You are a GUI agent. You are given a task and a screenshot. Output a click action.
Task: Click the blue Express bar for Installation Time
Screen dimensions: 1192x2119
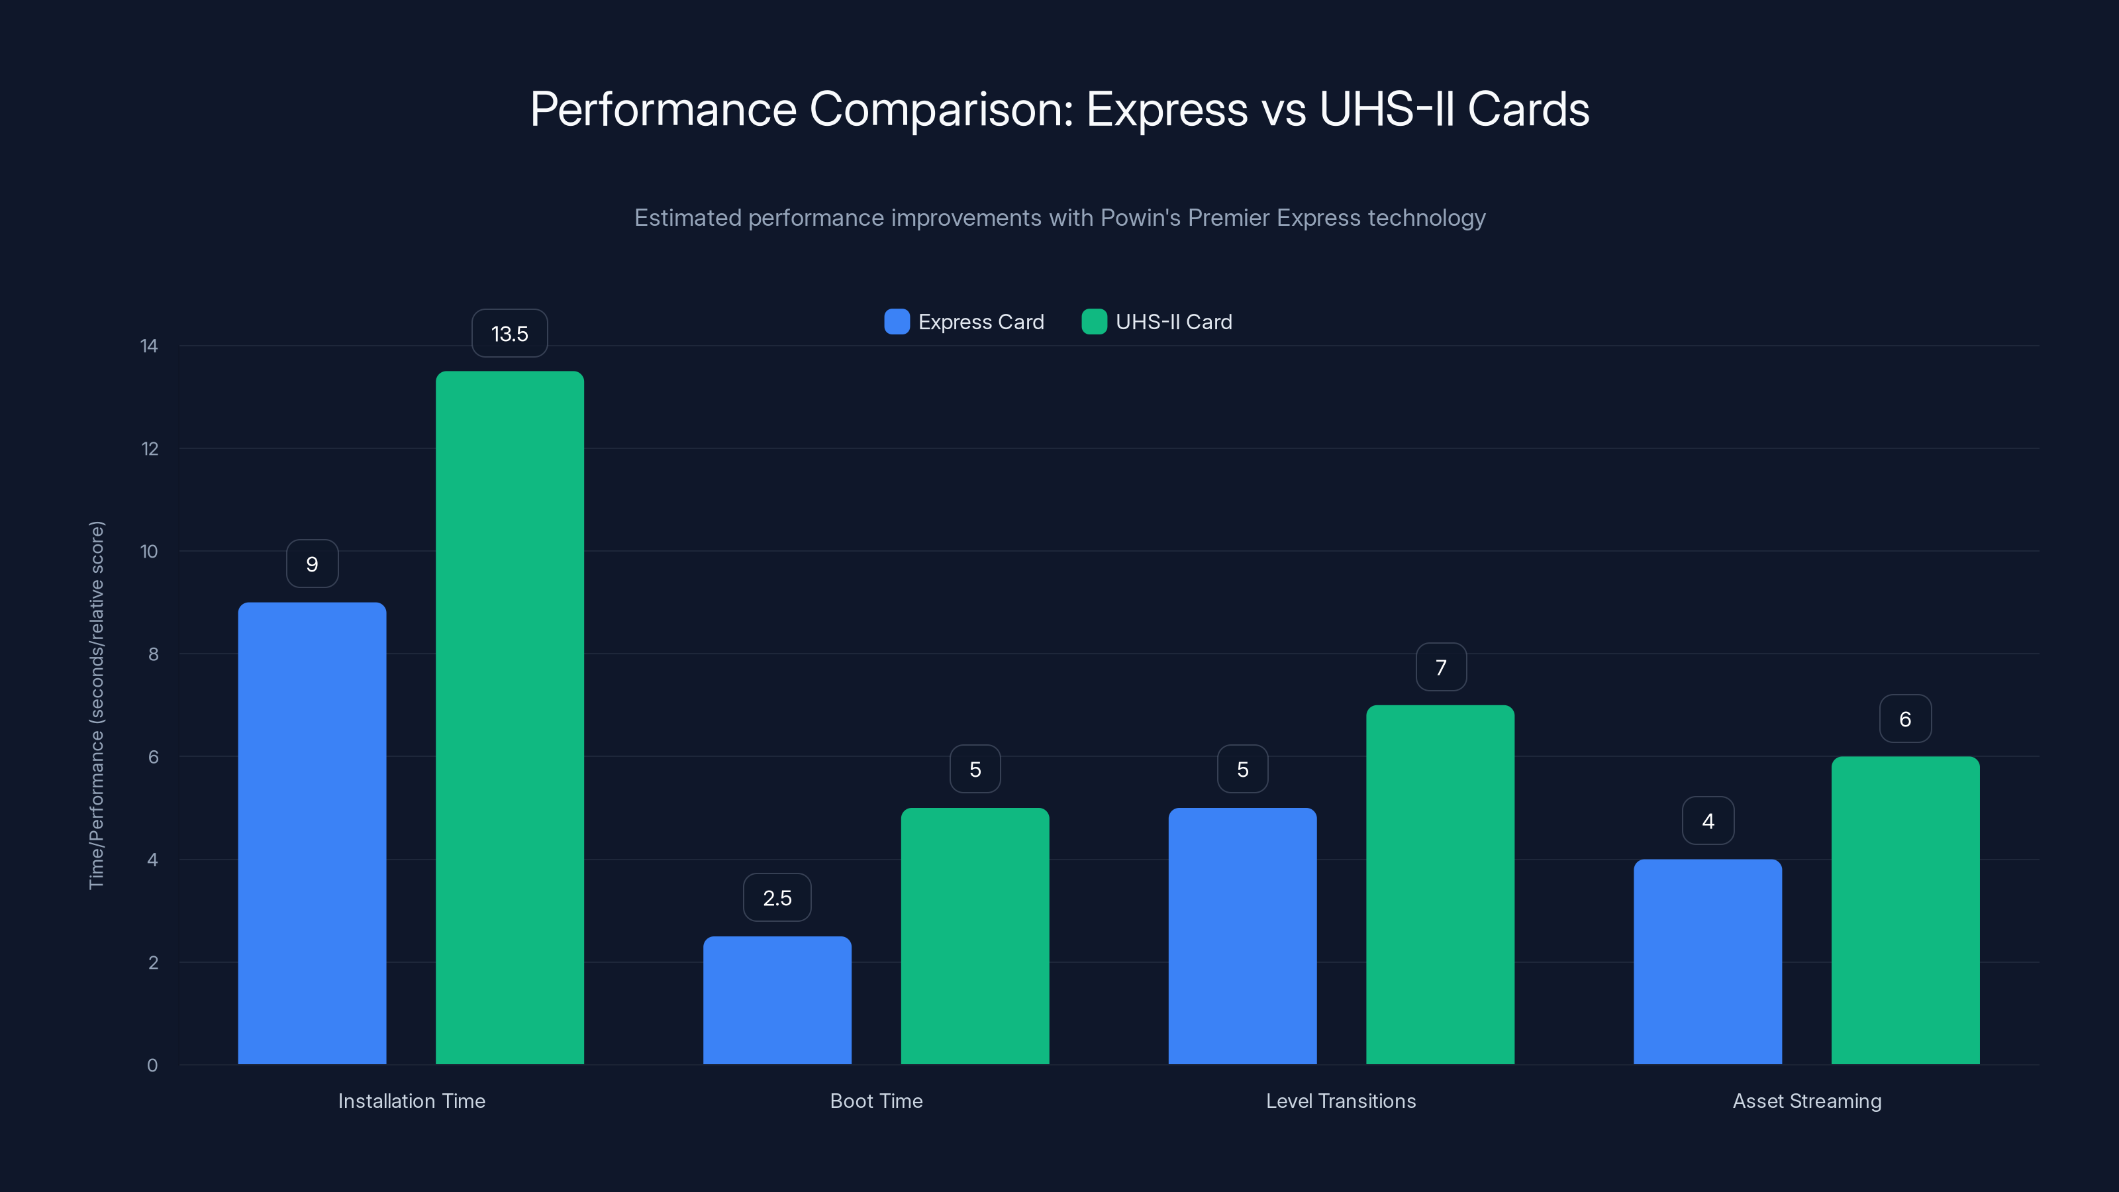(312, 832)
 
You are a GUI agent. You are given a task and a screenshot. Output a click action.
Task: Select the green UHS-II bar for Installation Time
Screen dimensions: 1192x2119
(509, 717)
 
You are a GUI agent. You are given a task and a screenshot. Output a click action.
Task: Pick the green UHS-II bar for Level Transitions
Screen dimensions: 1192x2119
(1440, 884)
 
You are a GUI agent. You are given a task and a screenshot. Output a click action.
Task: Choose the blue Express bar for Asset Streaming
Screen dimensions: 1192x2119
(1707, 961)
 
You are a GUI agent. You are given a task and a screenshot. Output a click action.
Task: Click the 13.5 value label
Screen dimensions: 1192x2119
(509, 333)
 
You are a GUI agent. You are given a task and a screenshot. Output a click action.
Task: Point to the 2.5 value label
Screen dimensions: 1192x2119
(777, 897)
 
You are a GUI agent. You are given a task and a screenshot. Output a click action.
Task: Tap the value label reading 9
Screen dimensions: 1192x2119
(312, 564)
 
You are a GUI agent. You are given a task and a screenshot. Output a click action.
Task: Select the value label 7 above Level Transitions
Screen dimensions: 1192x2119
(1440, 667)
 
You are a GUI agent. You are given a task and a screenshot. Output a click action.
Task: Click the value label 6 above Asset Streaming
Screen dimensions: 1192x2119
(1905, 719)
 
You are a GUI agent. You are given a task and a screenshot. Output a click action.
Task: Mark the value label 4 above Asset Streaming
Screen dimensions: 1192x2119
(1708, 821)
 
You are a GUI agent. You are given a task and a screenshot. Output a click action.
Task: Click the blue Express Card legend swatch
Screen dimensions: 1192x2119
(897, 322)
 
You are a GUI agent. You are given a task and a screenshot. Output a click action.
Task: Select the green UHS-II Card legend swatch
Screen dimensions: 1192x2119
(1094, 322)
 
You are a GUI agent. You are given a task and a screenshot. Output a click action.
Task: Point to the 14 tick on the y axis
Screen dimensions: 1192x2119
(149, 346)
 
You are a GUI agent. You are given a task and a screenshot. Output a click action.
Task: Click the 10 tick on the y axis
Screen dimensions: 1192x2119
(149, 551)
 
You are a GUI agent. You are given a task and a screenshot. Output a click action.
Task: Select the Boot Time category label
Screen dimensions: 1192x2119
(876, 1101)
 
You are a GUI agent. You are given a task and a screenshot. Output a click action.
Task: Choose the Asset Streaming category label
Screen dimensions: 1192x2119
(1806, 1101)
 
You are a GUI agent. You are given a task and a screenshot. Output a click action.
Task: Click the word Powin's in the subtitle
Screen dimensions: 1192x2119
(1140, 218)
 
